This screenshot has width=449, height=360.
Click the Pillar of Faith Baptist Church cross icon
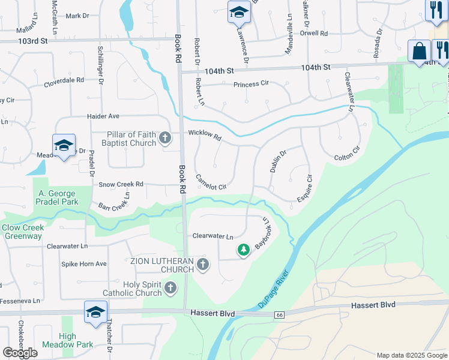165,139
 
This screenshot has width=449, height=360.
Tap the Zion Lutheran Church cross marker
203,265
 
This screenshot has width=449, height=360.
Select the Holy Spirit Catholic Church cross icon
170,289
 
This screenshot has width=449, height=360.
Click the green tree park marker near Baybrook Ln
243,250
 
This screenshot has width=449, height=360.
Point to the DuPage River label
274,290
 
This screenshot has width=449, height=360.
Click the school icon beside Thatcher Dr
95,311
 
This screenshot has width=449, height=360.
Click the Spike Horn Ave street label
84,263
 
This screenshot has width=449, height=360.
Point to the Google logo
20,352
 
